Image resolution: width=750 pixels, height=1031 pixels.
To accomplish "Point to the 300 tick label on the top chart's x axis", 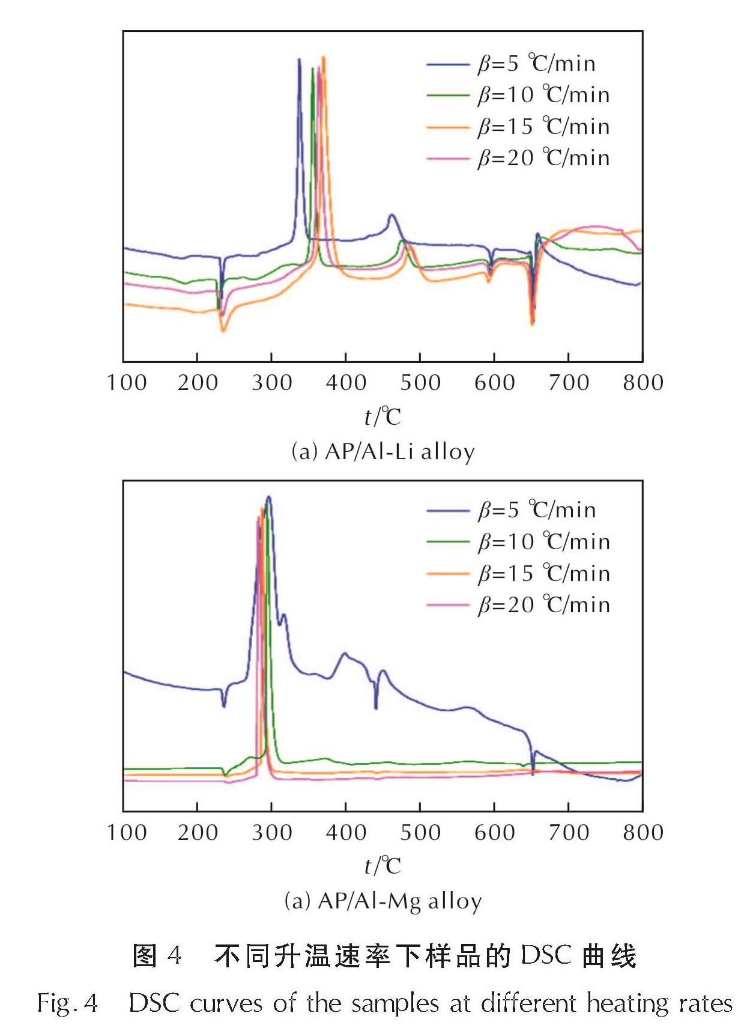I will click(x=271, y=383).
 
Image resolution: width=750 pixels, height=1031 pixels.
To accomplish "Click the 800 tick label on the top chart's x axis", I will click(x=643, y=383).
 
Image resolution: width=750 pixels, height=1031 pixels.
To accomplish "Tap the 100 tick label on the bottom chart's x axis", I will click(x=127, y=832).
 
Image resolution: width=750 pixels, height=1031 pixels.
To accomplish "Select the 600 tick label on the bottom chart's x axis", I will click(x=494, y=832).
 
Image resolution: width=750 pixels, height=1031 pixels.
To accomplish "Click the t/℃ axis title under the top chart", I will click(x=383, y=416).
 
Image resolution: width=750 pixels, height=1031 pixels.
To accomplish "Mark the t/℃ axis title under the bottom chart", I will click(x=383, y=866).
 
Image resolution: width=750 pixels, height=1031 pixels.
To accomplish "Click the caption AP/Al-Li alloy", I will click(x=383, y=451).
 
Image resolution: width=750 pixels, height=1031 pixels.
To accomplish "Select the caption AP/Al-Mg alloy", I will click(x=383, y=901).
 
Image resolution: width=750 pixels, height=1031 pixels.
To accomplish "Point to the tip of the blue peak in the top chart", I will click(x=299, y=59).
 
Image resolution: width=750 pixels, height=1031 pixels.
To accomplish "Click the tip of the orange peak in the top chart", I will click(x=324, y=57).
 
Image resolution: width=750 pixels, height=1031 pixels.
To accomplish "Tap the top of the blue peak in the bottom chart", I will click(x=268, y=497).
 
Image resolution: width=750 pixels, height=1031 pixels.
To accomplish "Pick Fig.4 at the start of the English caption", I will click(x=67, y=1003).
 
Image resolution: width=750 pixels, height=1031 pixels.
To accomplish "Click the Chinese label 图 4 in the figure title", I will click(x=157, y=955).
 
